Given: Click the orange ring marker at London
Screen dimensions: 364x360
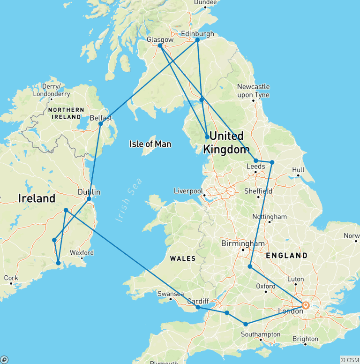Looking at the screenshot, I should tap(305, 305).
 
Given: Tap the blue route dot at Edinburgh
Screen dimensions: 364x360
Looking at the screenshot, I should tap(197, 40).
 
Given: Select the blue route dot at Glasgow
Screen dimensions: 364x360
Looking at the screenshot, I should tap(160, 46).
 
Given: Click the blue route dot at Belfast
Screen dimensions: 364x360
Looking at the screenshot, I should tap(100, 123).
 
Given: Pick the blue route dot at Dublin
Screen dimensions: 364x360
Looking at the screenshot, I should tap(89, 198).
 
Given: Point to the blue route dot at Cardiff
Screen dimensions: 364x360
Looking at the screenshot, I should tap(198, 307).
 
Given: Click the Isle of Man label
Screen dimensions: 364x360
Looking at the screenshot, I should tap(150, 144).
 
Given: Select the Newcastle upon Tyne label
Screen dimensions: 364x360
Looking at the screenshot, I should tap(253, 90).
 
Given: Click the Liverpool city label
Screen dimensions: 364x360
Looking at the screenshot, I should tap(188, 191).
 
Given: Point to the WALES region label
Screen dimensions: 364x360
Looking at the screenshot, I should tap(182, 258).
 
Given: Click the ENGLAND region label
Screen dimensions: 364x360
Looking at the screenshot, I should tap(286, 256).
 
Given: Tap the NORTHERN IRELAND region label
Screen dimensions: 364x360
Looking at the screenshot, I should tap(66, 113).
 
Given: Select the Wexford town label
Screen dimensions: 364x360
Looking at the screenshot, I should tap(82, 253).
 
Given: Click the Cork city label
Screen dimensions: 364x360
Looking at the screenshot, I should tap(11, 278).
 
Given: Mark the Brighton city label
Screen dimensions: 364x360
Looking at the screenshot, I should tap(305, 339).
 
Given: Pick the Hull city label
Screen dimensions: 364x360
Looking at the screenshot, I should tap(298, 170).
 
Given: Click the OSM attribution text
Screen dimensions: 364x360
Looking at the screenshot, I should tap(349, 360).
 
